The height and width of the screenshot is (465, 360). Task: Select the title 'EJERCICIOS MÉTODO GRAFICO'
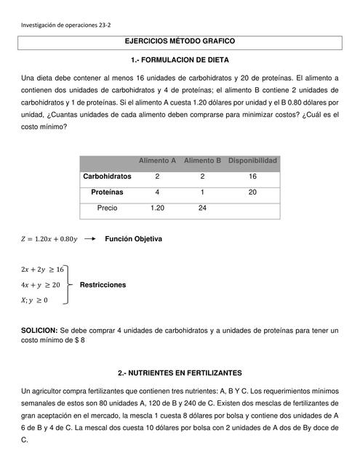(180, 43)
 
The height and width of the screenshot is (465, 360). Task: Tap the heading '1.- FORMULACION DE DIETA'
(180, 60)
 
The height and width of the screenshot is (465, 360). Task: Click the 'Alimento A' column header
(157, 161)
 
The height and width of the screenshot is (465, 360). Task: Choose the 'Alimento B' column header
(202, 161)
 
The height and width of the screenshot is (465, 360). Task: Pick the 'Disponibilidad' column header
(252, 161)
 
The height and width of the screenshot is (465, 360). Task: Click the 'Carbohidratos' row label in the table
(107, 177)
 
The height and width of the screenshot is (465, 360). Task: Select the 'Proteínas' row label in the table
(107, 193)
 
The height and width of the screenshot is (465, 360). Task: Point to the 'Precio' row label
(107, 208)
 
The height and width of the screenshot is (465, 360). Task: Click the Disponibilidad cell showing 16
(252, 177)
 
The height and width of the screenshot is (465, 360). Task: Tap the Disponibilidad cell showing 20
(252, 193)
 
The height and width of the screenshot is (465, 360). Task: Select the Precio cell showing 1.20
(157, 208)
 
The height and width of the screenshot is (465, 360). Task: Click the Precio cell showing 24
(202, 208)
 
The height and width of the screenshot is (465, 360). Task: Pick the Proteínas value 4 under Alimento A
(157, 193)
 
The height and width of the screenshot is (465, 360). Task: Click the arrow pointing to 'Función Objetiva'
(89, 239)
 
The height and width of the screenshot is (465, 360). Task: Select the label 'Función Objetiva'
(133, 239)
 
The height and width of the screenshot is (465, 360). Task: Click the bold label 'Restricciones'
(102, 285)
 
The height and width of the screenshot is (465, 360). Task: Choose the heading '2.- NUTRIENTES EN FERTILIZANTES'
(180, 373)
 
